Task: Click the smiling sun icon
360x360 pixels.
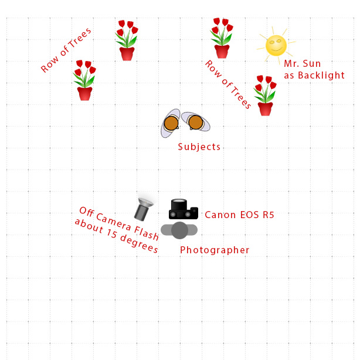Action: pos(276,45)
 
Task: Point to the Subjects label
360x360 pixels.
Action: pos(199,147)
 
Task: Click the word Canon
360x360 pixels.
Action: pos(220,215)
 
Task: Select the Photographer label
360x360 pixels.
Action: pos(215,250)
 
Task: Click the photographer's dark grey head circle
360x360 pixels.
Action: pos(179,230)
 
